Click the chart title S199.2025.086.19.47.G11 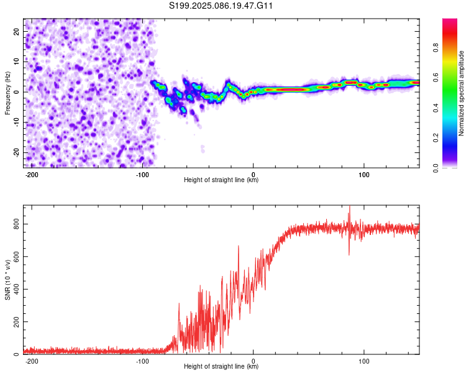221,6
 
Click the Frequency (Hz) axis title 7,93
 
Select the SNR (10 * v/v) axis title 7,280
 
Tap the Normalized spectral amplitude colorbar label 461,93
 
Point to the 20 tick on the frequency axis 16,31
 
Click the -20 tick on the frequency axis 16,152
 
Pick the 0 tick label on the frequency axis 16,92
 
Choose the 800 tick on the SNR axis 16,224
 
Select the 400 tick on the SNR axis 16,289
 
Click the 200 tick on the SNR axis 16,322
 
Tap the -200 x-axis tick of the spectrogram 31,175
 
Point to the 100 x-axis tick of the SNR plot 363,361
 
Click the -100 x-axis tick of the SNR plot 142,361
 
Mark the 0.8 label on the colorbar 436,47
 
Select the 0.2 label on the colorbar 436,138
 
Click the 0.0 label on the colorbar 436,168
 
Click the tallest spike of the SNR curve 349,206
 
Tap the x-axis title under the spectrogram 221,180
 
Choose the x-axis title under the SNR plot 221,366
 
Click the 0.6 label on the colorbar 436,77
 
